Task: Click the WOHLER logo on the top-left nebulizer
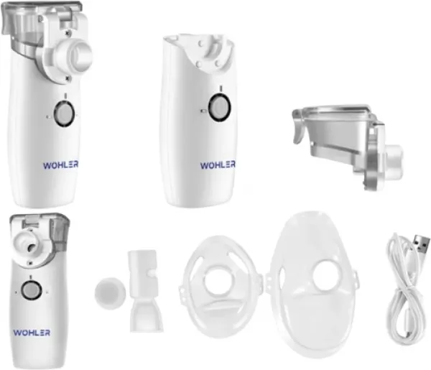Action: [x=60, y=165]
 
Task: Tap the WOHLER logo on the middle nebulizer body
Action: [x=218, y=165]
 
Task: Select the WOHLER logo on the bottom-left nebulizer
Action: [x=32, y=333]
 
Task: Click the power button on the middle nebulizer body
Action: [x=219, y=107]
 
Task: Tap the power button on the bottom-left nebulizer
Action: [x=31, y=290]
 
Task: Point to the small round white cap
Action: [x=110, y=292]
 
